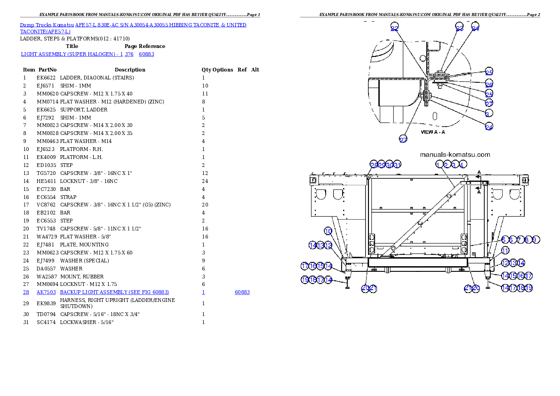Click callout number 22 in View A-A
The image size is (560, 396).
click(394, 28)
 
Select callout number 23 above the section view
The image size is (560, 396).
click(460, 28)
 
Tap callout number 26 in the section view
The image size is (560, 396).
click(489, 85)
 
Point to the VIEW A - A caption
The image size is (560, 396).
click(432, 132)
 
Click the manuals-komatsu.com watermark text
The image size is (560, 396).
click(455, 154)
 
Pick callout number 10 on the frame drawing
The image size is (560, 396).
click(328, 231)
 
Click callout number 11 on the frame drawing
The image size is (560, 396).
click(505, 251)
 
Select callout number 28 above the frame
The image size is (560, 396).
click(374, 165)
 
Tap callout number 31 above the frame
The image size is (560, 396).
click(397, 165)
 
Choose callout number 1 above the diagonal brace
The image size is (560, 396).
click(439, 165)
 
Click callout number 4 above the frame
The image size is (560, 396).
click(463, 165)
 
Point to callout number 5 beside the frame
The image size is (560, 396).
click(504, 240)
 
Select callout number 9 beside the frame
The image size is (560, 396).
click(535, 240)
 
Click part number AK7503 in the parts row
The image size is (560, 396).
click(46, 293)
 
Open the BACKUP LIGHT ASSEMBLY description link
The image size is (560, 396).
click(114, 293)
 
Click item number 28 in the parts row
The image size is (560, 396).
click(26, 293)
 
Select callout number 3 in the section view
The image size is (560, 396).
click(487, 114)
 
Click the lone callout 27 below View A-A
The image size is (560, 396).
click(403, 139)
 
